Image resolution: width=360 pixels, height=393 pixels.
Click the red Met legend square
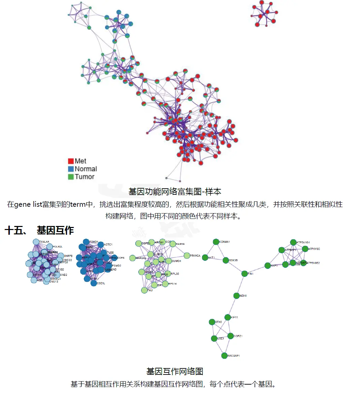71,161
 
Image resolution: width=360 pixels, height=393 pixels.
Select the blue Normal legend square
71,169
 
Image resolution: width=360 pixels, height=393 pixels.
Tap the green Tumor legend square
71,177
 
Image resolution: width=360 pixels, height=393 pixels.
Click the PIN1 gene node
244,274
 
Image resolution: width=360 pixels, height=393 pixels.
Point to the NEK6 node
236,296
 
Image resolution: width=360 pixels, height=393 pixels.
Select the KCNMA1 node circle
216,242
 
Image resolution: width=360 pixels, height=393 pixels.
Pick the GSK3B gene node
226,260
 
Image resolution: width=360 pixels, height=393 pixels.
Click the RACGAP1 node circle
224,356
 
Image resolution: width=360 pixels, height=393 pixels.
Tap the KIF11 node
228,317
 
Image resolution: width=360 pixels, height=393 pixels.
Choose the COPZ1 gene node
230,336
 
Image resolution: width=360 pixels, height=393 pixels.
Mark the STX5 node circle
212,322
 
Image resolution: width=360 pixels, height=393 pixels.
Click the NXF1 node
267,266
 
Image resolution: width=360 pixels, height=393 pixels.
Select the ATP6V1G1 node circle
293,242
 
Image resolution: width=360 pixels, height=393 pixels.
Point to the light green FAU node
144,290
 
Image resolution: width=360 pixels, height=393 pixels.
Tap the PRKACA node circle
187,256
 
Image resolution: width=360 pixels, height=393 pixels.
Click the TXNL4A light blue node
36,242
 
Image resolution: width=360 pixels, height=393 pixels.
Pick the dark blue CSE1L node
94,283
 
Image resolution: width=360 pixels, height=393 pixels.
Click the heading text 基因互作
55,230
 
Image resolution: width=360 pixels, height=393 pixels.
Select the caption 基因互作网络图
175,371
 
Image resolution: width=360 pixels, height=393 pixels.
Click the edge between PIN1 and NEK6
240,285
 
